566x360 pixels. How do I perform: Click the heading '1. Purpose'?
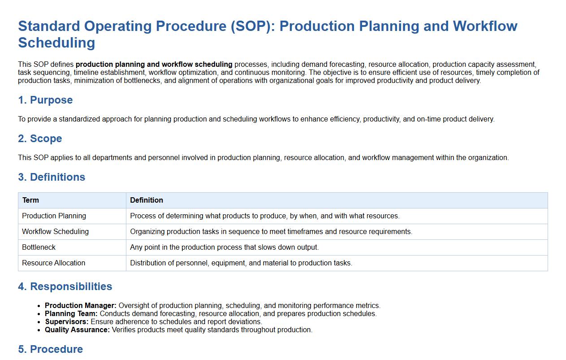(45, 100)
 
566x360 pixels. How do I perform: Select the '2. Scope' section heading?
(40, 139)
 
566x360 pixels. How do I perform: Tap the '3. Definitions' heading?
(52, 177)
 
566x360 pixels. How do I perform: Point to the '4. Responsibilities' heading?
(65, 286)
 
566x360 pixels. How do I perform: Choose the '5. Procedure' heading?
(51, 349)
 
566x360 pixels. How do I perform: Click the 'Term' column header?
(30, 200)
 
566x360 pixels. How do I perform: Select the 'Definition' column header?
(147, 200)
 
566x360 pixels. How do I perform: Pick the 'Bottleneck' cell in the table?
(39, 247)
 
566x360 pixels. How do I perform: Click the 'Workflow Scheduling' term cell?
(55, 232)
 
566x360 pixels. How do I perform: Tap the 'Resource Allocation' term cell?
(54, 263)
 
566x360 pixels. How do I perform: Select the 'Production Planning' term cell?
(54, 216)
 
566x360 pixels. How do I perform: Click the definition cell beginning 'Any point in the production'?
(225, 247)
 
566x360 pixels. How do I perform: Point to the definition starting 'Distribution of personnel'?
(241, 263)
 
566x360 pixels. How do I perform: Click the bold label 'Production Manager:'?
(81, 306)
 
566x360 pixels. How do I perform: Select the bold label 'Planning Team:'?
(71, 314)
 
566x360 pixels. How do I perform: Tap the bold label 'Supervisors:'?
(67, 322)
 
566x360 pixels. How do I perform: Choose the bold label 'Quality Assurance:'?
(78, 330)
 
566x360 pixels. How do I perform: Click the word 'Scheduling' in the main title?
(56, 43)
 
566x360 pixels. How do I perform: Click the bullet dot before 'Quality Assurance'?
(39, 330)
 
